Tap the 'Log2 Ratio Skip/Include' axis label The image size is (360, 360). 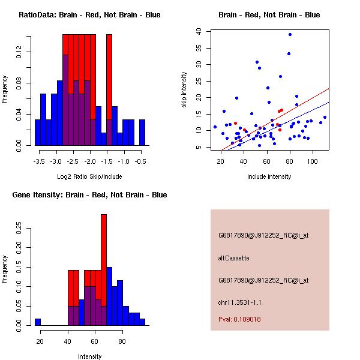click(x=89, y=176)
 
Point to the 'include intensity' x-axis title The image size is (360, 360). click(x=269, y=176)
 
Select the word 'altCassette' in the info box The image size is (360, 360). click(x=233, y=258)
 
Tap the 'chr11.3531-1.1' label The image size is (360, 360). click(x=239, y=302)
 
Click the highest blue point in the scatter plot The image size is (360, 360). click(x=290, y=34)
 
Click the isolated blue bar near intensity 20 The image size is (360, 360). click(x=38, y=322)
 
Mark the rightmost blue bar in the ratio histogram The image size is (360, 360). click(x=142, y=132)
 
